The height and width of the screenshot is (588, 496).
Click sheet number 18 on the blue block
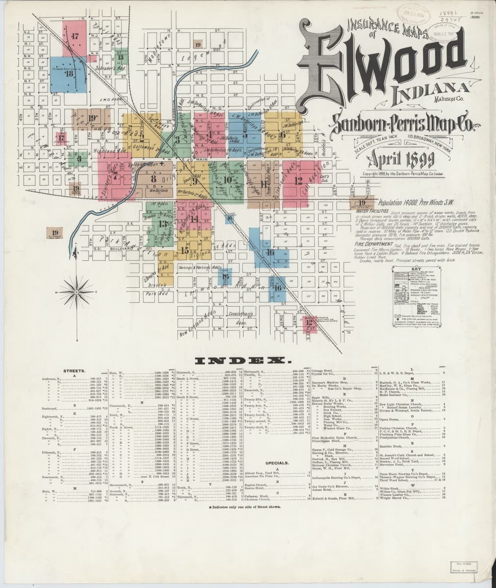(69, 74)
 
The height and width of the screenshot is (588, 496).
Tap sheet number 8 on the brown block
(154, 179)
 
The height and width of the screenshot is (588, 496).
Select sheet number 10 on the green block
(227, 179)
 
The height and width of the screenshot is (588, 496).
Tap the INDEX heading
(240, 361)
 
